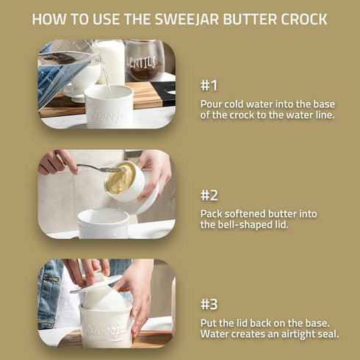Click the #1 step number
(x=209, y=84)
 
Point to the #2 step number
(x=210, y=195)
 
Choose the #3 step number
(x=210, y=304)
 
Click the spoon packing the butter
(x=99, y=169)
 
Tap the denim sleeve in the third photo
(x=50, y=294)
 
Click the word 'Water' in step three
(x=217, y=334)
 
